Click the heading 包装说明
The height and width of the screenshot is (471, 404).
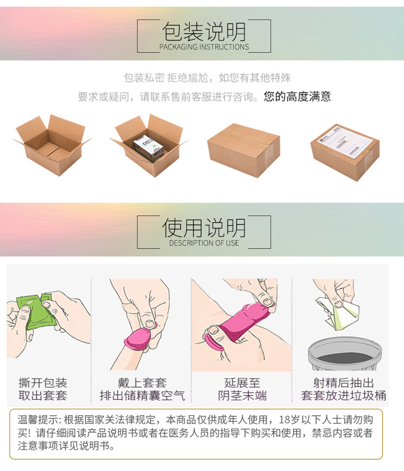coord(204,32)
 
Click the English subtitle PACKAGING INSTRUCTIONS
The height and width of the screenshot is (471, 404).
coord(204,47)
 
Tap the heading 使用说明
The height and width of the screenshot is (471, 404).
coord(204,228)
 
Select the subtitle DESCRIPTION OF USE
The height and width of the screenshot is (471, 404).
coord(204,243)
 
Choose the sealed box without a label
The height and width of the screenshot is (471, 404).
coord(243,149)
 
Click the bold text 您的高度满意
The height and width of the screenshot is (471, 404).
coord(297,96)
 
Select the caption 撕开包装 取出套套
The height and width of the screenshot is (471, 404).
coord(43,389)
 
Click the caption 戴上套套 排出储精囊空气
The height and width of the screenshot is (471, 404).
coord(142,389)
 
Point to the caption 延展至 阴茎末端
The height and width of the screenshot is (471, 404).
coord(242,389)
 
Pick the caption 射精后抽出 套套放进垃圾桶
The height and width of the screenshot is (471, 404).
coord(343,389)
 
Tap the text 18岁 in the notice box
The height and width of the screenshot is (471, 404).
coord(290,420)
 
